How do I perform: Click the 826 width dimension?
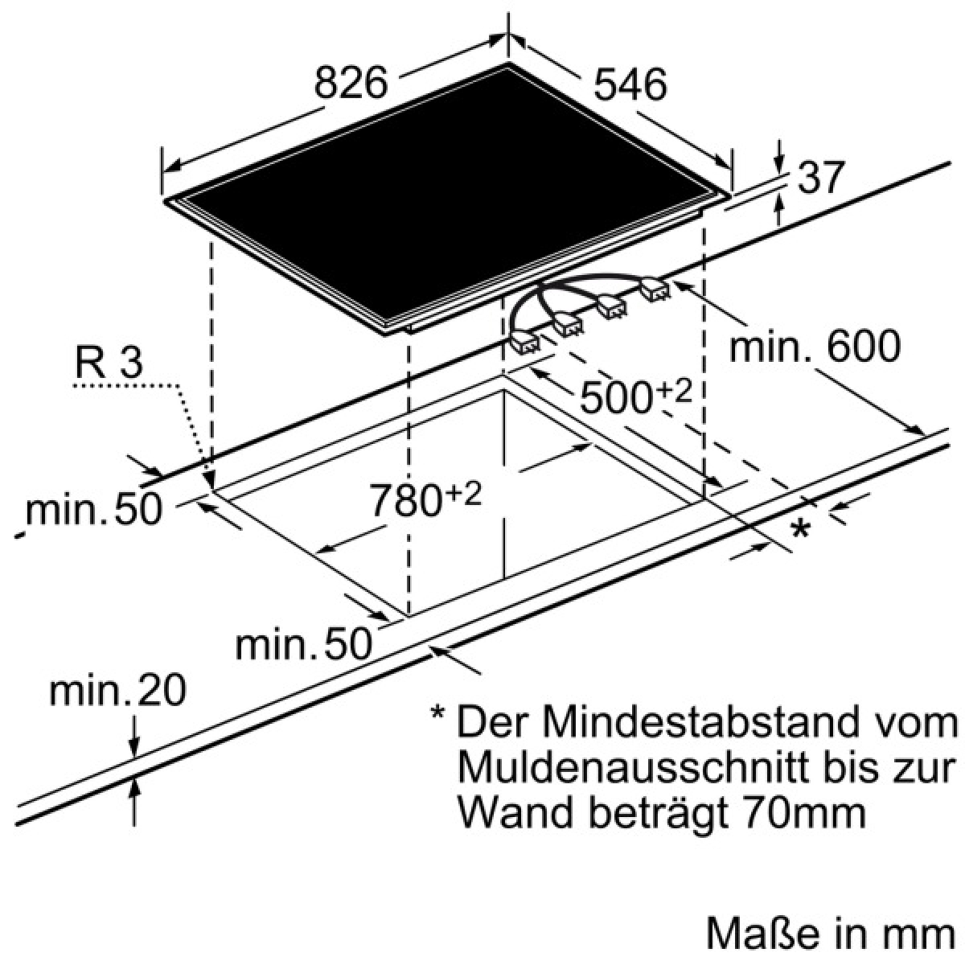point(351,83)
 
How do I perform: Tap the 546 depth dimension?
point(630,84)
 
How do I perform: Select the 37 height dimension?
point(821,177)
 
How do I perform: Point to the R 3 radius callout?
point(109,363)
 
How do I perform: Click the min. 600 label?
point(815,346)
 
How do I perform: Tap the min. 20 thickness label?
point(117,692)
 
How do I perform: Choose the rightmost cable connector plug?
point(655,289)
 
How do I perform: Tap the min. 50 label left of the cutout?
point(94,509)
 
